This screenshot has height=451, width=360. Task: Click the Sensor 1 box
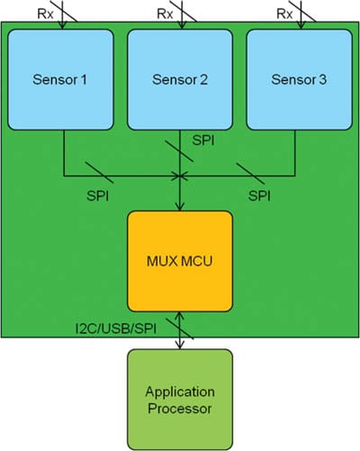pyautogui.click(x=62, y=79)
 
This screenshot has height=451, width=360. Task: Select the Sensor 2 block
pyautogui.click(x=180, y=79)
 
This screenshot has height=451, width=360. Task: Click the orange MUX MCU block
pyautogui.click(x=180, y=261)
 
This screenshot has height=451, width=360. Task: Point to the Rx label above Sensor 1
pyautogui.click(x=44, y=14)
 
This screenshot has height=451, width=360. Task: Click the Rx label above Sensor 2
pyautogui.click(x=164, y=14)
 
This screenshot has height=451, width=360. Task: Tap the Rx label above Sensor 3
pyautogui.click(x=284, y=14)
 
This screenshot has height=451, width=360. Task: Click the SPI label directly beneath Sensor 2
pyautogui.click(x=204, y=141)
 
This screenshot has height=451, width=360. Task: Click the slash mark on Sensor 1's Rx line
pyautogui.click(x=62, y=15)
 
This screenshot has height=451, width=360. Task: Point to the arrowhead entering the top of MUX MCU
pyautogui.click(x=180, y=206)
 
